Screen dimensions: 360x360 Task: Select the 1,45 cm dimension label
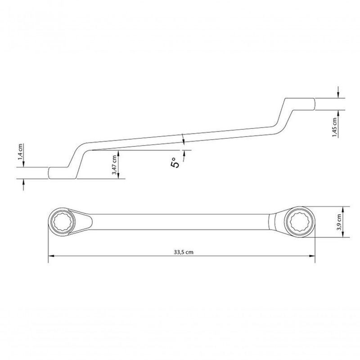coord(335,128)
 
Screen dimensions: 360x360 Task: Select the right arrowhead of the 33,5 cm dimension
coord(311,257)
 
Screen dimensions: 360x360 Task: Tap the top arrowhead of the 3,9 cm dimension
coord(344,208)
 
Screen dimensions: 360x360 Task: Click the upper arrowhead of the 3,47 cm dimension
coord(119,152)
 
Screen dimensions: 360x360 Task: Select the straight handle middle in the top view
coord(180,221)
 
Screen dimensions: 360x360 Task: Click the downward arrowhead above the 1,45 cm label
coord(338,95)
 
